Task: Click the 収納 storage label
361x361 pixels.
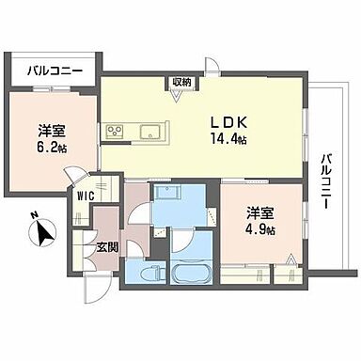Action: pos(181,83)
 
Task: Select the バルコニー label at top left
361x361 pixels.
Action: pos(54,70)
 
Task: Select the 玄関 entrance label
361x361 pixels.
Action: pos(105,247)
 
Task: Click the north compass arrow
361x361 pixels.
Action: pos(43,228)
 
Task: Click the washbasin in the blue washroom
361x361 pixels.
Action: pos(170,195)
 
